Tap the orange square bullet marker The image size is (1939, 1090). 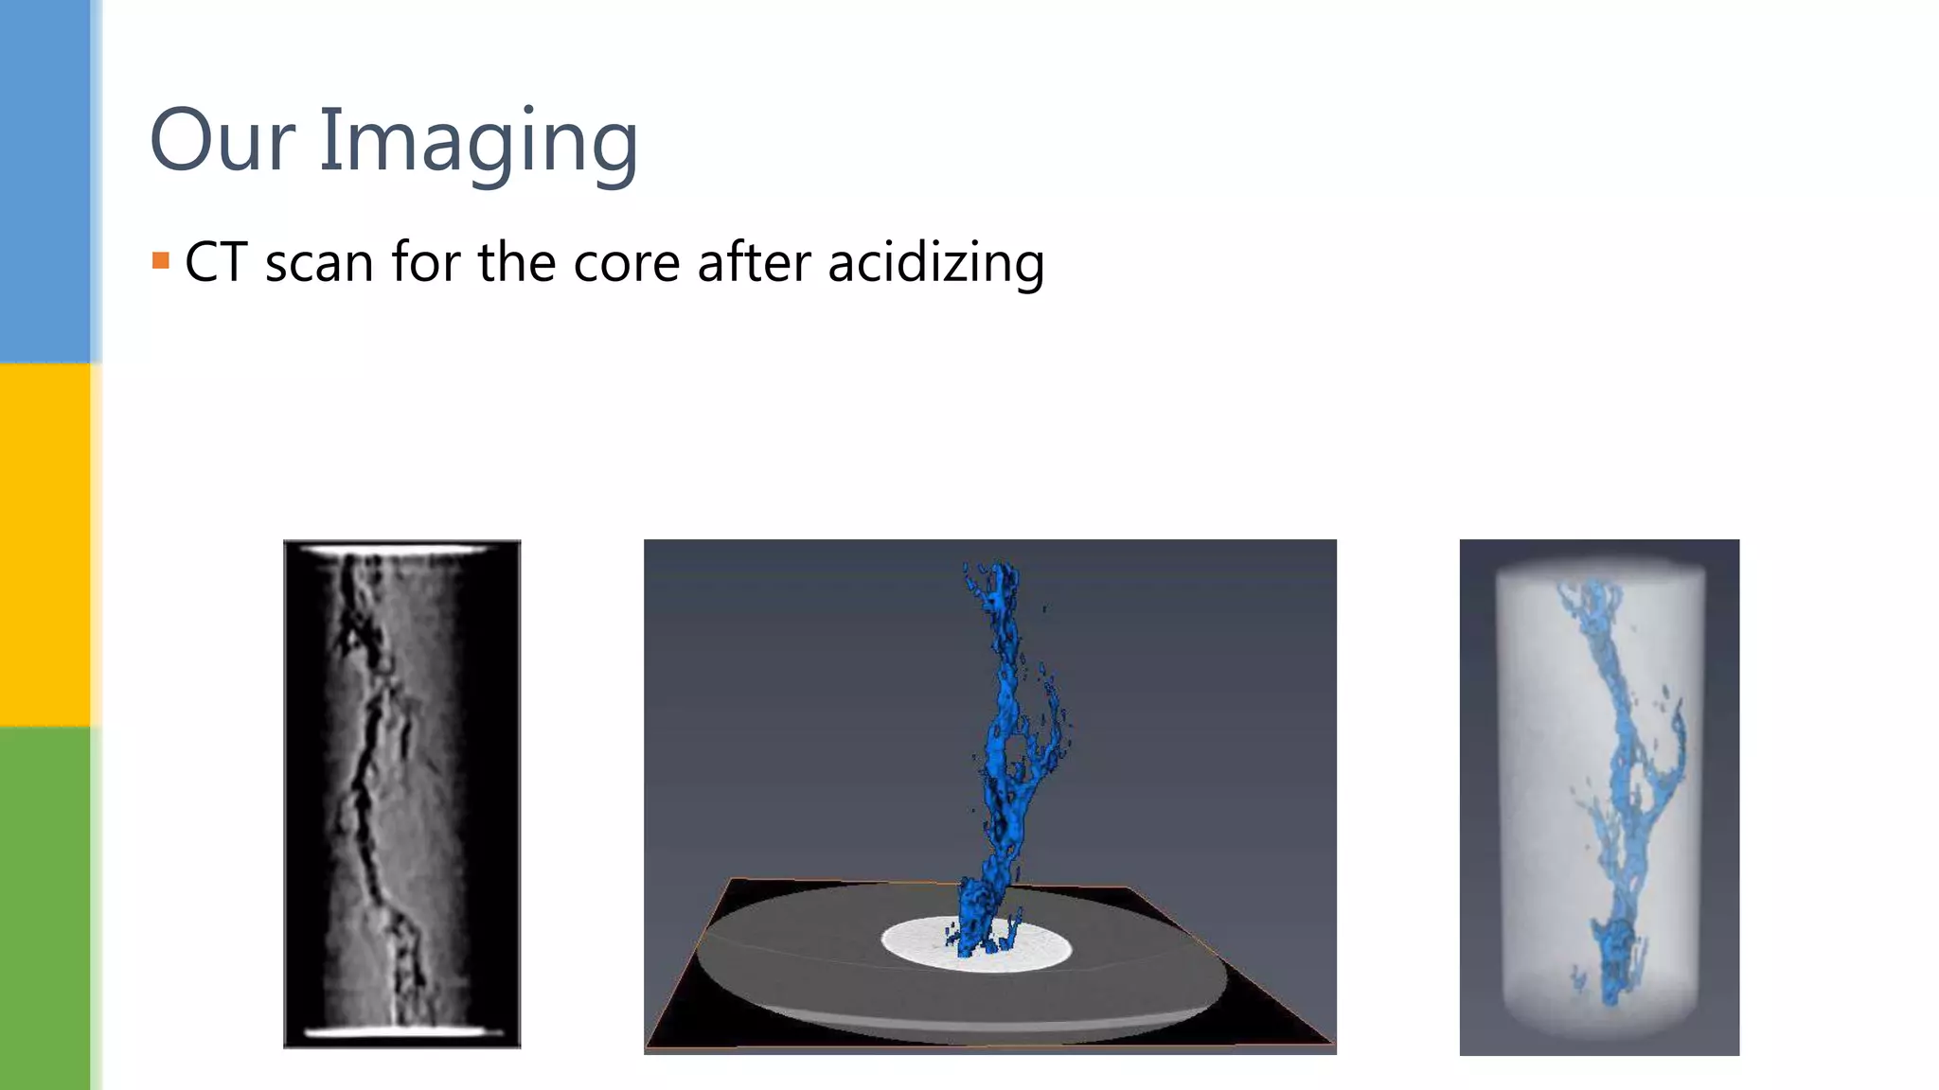click(161, 260)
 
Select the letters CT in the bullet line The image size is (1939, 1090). click(216, 262)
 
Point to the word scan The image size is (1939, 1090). click(319, 263)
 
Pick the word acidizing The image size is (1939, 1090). click(935, 263)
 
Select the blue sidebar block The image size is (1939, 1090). click(45, 181)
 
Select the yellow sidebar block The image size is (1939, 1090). click(45, 544)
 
